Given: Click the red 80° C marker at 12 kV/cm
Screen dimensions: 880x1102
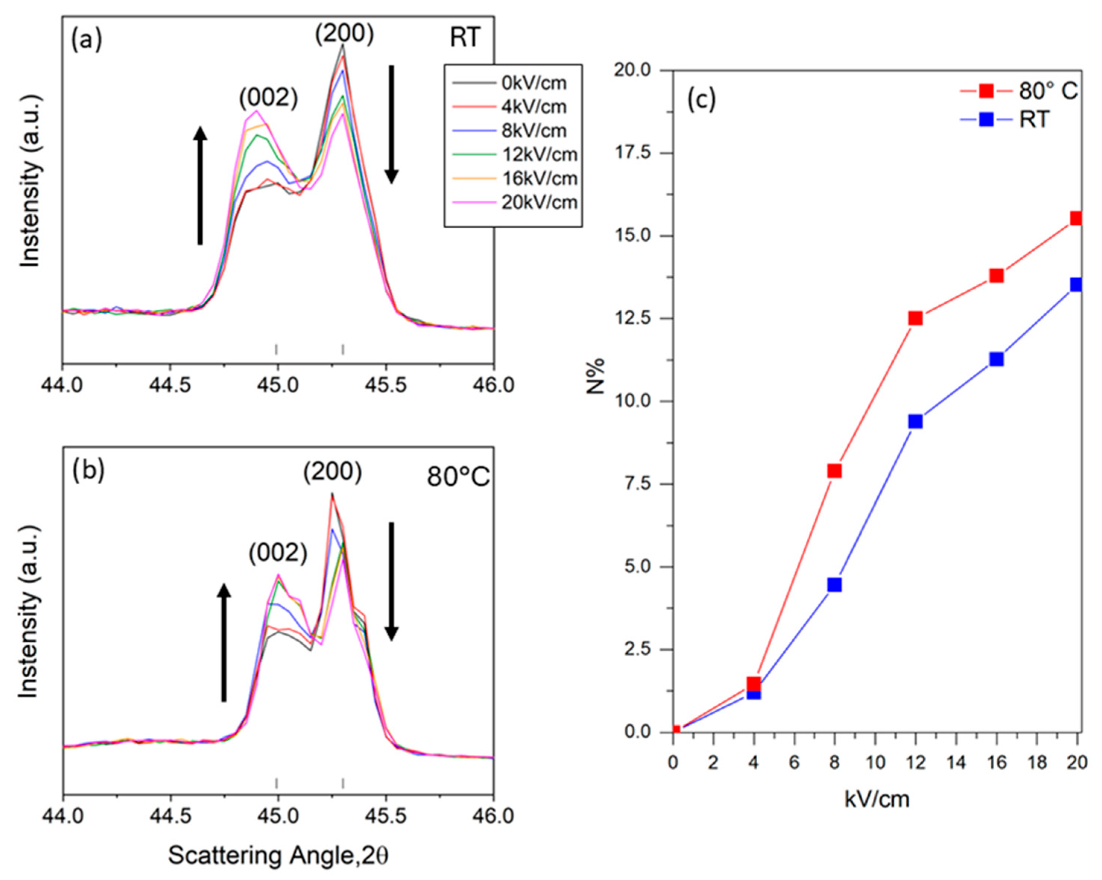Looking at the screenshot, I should (915, 319).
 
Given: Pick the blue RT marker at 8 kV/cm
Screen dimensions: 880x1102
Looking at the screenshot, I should (834, 585).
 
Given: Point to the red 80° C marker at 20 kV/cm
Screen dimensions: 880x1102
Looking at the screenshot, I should (1076, 218).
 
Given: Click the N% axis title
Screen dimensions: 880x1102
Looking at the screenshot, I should (596, 377).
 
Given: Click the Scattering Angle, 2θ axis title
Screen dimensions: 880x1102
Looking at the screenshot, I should (278, 855).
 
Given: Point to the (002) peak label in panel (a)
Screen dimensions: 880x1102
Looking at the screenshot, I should (268, 98).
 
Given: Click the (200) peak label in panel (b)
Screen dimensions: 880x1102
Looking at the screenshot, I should (332, 472).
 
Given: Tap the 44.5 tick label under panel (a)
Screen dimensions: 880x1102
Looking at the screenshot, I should (170, 385).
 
